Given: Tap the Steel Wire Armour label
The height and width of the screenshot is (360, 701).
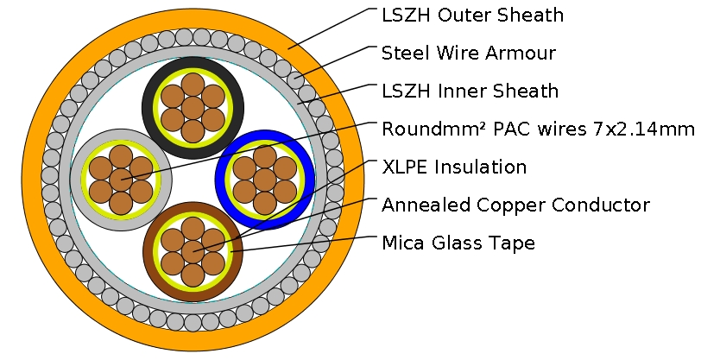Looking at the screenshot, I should pyautogui.click(x=468, y=53).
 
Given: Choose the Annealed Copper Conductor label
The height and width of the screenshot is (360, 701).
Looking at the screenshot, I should pyautogui.click(x=515, y=205).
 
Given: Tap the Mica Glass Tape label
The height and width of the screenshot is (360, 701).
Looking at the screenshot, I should pyautogui.click(x=458, y=243).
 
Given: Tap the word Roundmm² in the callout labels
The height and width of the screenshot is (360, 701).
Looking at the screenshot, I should pyautogui.click(x=428, y=129).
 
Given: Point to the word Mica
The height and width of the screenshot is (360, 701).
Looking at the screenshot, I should pyautogui.click(x=401, y=243).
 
